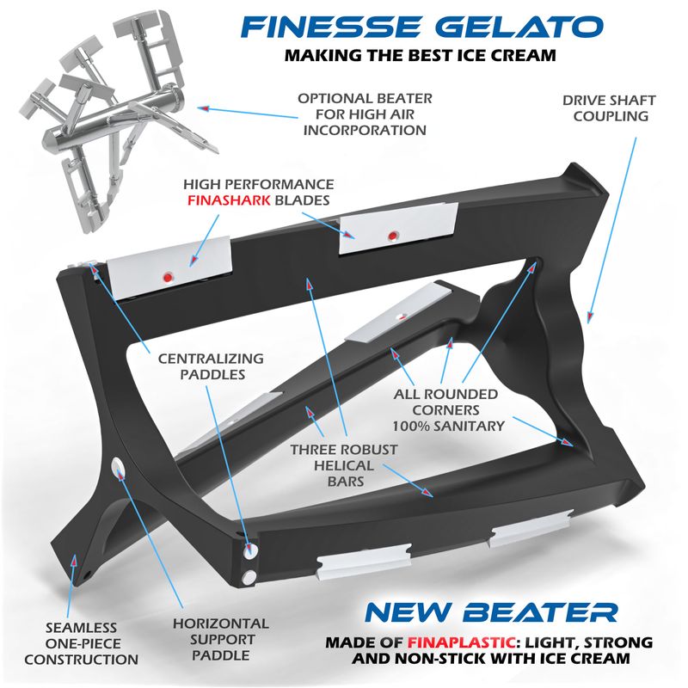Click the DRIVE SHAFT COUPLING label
pyautogui.click(x=609, y=107)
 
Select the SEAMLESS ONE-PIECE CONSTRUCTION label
pyautogui.click(x=81, y=643)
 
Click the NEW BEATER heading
pyautogui.click(x=490, y=612)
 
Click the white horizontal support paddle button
pyautogui.click(x=118, y=467)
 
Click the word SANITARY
pyautogui.click(x=472, y=425)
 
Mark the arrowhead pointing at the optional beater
pyautogui.click(x=204, y=107)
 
